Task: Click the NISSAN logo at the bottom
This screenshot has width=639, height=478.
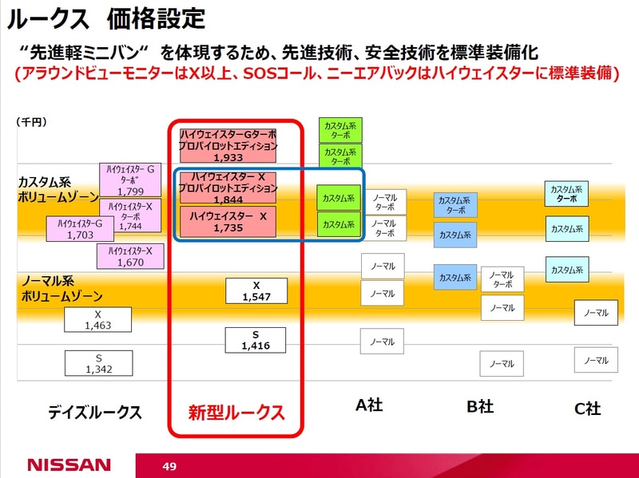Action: coord(69,464)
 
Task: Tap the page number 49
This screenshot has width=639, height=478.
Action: coord(169,465)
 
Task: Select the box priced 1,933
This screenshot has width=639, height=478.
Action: coord(228,147)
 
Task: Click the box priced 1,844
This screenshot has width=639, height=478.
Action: coord(228,188)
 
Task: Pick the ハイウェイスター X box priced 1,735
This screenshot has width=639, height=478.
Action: coord(228,222)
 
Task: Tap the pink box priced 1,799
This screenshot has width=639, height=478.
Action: coord(130,180)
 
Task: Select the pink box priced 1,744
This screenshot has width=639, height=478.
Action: coord(130,215)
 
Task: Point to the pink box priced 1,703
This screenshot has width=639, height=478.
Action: coord(80,229)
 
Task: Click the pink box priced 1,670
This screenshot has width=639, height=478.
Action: coord(130,256)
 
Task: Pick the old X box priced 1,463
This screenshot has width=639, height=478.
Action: coord(97,320)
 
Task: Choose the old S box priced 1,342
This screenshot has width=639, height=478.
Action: coord(97,363)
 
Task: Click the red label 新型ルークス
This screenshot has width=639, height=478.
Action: coord(236,413)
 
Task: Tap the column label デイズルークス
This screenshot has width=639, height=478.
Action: coord(94,413)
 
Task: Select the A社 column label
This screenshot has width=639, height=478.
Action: coord(369,405)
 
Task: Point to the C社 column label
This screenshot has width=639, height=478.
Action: coord(587,409)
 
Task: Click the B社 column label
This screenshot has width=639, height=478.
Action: coord(480,407)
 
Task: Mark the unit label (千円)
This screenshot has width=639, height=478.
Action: coord(31,122)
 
